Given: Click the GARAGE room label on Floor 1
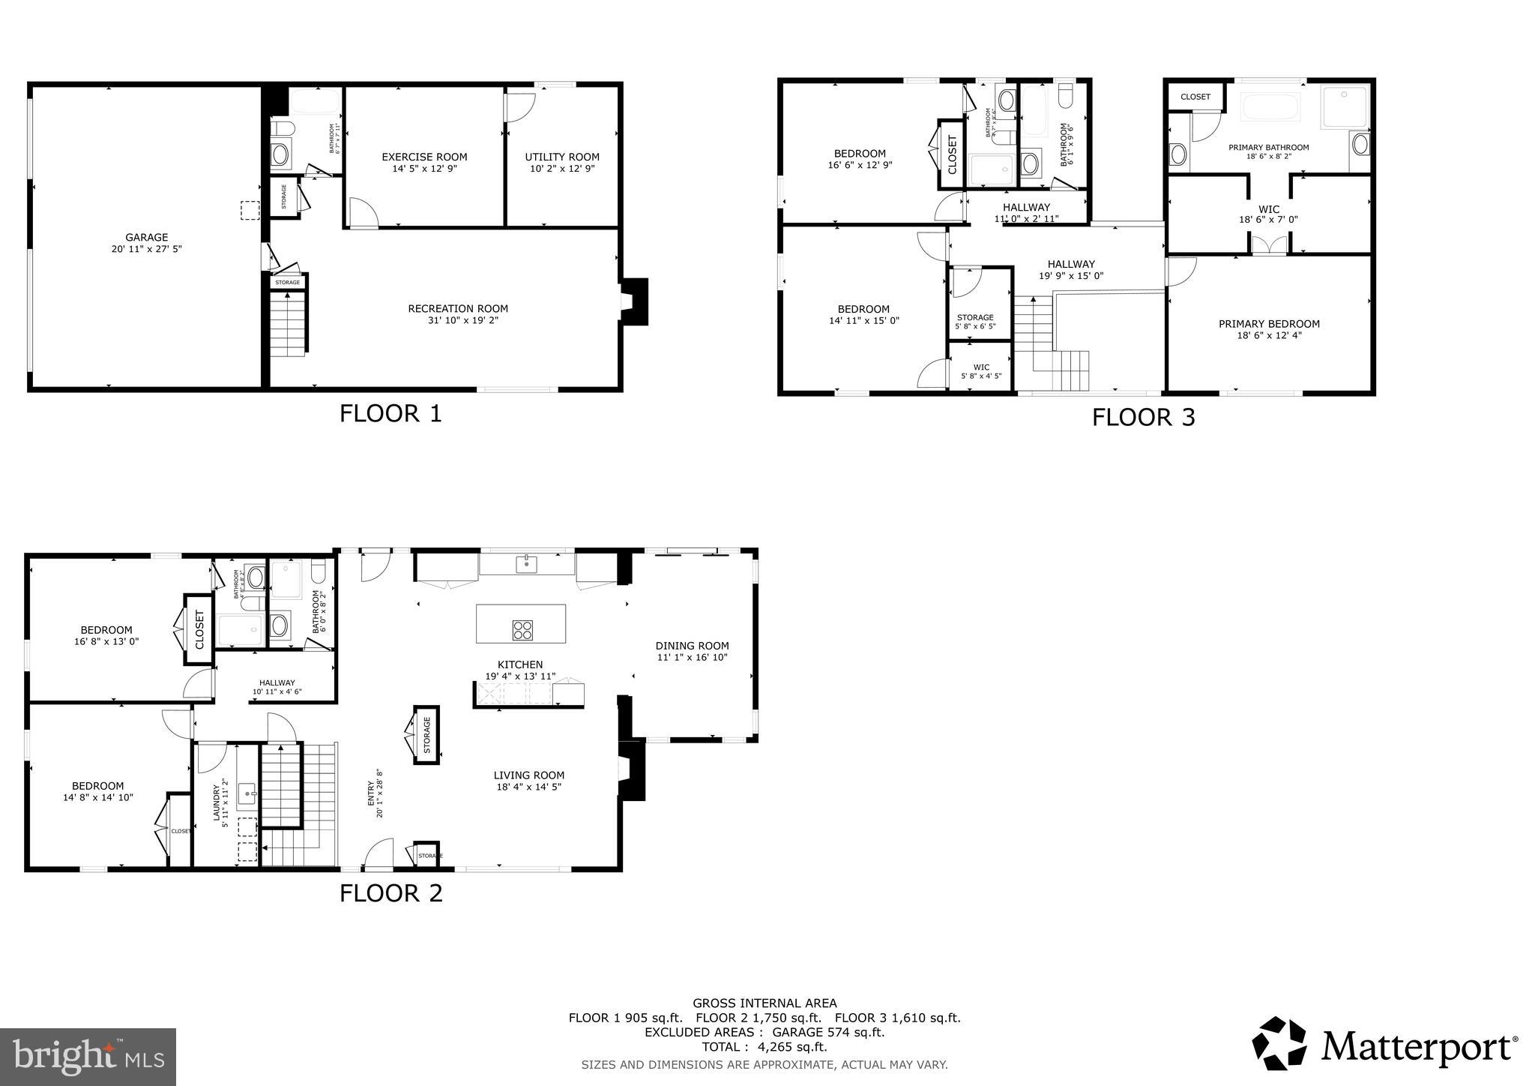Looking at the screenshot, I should [x=146, y=237].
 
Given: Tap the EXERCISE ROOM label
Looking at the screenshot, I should [x=424, y=157].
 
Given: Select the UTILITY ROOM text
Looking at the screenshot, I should [x=562, y=157].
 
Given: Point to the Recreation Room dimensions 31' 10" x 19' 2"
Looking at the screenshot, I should [x=458, y=320].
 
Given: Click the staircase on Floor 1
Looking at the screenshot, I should [x=289, y=325].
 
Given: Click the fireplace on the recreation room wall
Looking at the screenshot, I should [x=633, y=301].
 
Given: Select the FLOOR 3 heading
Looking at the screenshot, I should [x=1143, y=417].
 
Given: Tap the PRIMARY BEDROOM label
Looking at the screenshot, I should [x=1269, y=324].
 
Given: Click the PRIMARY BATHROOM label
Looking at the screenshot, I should [x=1268, y=147].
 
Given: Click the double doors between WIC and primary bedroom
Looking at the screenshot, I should [x=1268, y=246].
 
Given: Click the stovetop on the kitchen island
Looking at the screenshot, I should [x=522, y=630].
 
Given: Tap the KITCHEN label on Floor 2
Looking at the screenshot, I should [x=520, y=664].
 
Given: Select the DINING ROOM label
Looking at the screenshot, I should [x=692, y=646].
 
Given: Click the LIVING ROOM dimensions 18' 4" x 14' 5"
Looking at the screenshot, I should [x=528, y=787].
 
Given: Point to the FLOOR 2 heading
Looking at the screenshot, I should [x=390, y=893].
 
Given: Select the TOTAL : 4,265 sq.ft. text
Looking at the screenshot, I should [x=765, y=1047].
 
